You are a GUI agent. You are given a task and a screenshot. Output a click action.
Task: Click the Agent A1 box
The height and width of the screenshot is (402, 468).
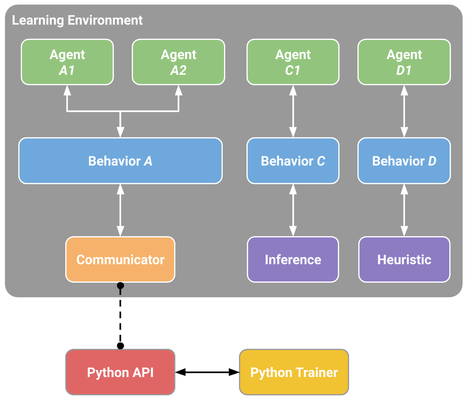67,62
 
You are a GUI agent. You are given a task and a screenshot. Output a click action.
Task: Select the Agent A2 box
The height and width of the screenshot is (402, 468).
178,62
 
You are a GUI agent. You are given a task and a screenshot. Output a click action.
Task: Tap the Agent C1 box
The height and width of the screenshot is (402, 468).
293,62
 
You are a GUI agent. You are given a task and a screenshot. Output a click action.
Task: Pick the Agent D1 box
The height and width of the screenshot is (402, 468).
404,62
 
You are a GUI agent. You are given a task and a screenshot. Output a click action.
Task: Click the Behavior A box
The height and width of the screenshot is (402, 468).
120,160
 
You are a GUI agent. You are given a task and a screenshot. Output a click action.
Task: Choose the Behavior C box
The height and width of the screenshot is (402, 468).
293,160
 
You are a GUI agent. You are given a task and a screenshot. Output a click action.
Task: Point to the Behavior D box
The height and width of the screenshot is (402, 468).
404,160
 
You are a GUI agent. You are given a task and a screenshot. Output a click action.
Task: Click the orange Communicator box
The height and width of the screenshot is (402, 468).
120,259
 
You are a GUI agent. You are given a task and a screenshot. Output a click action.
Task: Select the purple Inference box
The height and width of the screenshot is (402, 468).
293,259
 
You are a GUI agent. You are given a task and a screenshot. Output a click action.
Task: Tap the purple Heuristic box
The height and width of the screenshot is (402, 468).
404,259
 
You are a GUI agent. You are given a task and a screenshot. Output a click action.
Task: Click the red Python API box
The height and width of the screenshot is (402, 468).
120,372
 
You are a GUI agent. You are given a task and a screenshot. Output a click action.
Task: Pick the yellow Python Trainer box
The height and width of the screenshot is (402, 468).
294,372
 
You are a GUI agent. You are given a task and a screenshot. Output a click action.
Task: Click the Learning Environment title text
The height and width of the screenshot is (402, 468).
77,20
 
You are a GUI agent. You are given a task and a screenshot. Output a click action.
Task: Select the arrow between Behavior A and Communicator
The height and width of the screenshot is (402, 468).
120,210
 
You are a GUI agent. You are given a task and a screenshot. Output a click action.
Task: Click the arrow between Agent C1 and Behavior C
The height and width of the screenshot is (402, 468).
293,111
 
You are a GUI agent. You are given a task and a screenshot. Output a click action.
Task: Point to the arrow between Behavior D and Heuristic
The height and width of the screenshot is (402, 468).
404,210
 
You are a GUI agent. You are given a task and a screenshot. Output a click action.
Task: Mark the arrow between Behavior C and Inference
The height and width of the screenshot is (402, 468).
293,210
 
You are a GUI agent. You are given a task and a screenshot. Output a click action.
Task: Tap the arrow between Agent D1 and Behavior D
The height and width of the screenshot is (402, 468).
404,111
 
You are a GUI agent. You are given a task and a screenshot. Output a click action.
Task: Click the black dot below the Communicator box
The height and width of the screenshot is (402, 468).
120,286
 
